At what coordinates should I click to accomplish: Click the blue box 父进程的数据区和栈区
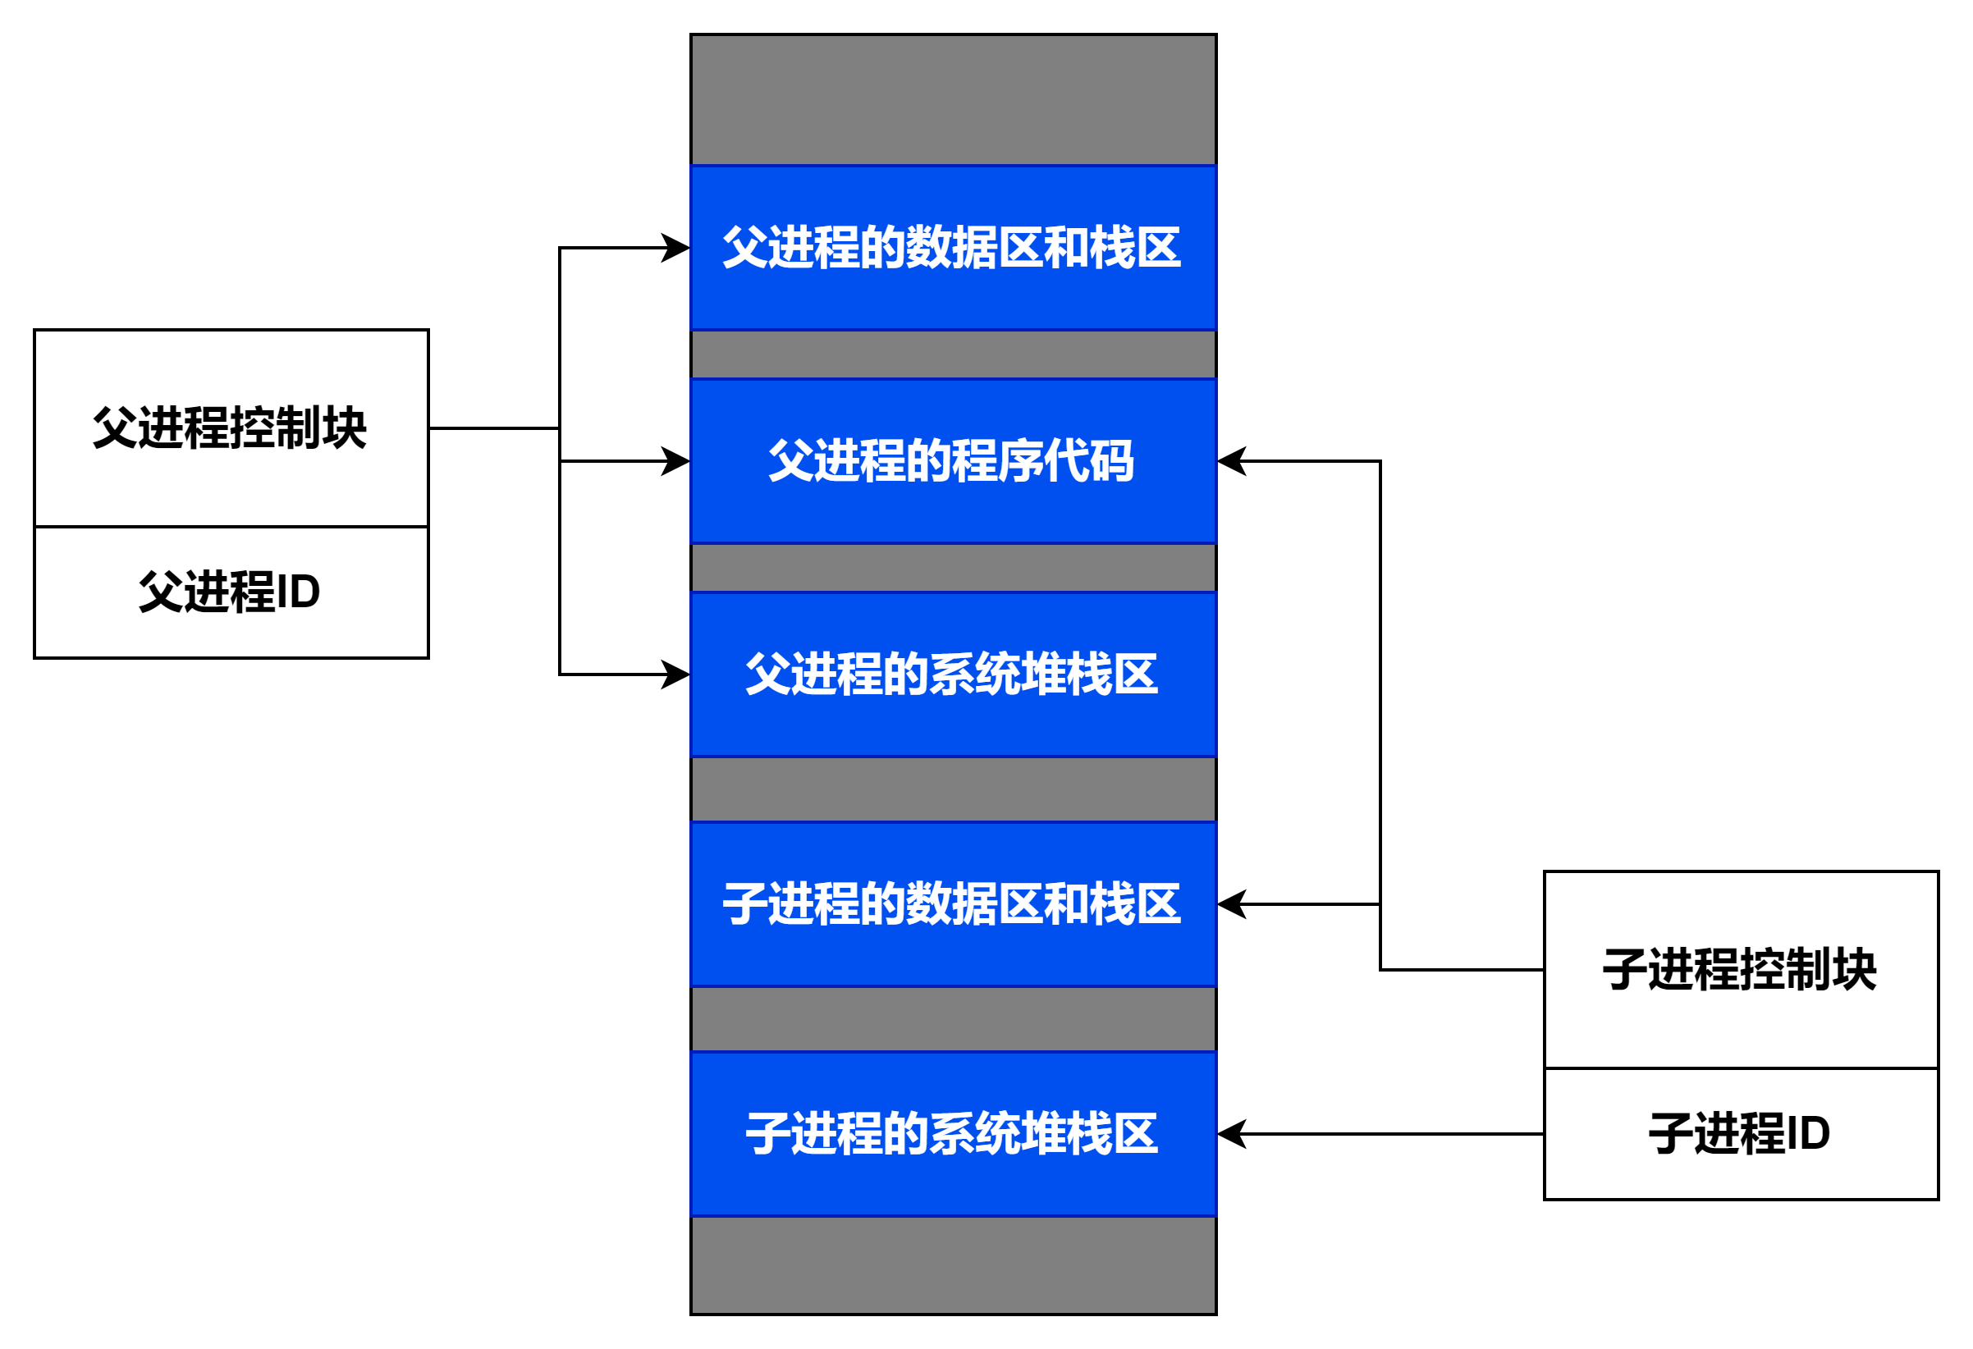coord(953,247)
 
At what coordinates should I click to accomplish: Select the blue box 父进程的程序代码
coord(953,461)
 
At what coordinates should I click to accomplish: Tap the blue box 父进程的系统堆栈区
coord(953,674)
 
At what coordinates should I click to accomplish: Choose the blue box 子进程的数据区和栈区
coord(953,904)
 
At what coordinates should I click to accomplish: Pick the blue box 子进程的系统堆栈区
coord(953,1134)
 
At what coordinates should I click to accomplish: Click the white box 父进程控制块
coord(231,428)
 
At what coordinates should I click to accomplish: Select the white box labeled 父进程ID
coord(231,592)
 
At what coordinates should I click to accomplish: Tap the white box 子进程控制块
coord(1741,970)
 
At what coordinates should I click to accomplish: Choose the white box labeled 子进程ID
coord(1741,1133)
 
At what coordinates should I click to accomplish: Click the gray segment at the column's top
coord(953,99)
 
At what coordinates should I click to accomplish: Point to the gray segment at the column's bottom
coord(953,1265)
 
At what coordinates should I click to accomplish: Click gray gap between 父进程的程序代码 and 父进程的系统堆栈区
coord(953,567)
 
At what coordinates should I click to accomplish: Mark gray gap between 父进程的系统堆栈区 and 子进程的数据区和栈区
coord(953,789)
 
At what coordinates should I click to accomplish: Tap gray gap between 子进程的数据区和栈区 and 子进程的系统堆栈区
coord(953,1019)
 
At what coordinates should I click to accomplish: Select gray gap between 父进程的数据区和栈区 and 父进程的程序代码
coord(953,354)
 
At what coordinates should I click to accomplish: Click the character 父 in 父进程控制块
coord(115,427)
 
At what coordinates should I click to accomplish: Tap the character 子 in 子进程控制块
coord(1624,970)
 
